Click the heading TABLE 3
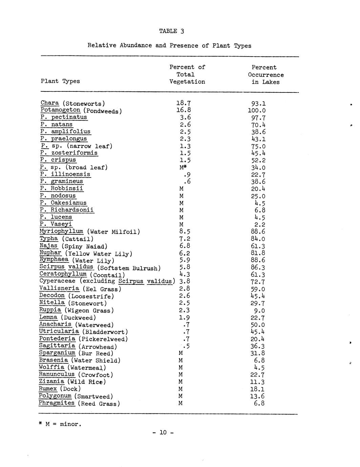(171, 31)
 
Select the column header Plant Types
(60, 81)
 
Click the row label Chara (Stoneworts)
(72, 103)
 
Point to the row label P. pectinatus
(64, 117)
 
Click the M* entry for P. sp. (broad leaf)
(183, 167)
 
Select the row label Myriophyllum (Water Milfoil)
(89, 232)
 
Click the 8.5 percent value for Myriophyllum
(185, 232)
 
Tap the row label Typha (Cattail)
(66, 239)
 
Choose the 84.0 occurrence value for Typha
(258, 239)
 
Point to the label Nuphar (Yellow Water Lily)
(86, 253)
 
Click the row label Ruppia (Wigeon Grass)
(77, 310)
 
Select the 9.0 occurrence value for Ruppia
(259, 311)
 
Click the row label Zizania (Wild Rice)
(72, 382)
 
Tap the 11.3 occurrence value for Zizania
(258, 382)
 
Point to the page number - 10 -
(163, 432)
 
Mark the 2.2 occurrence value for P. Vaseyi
(259, 225)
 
